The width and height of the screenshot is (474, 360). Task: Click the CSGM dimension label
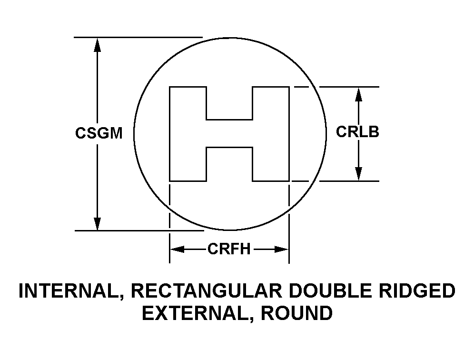point(99,133)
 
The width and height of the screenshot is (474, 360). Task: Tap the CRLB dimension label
point(357,131)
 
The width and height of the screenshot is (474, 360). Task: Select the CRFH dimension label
point(228,249)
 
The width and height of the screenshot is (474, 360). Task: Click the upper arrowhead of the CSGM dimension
point(98,45)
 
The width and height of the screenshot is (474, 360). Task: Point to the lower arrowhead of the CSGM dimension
point(98,223)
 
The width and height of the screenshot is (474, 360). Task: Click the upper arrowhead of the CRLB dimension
point(359,94)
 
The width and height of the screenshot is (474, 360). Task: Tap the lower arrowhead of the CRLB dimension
point(359,174)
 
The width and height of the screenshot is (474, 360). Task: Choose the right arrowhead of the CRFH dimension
point(282,249)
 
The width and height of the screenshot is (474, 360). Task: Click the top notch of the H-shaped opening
point(229,103)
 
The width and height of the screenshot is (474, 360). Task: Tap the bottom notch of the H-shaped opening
point(229,164)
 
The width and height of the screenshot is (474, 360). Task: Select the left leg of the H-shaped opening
point(188,134)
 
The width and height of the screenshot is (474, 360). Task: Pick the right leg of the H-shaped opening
point(270,134)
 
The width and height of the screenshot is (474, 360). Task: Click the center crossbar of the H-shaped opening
point(229,134)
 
